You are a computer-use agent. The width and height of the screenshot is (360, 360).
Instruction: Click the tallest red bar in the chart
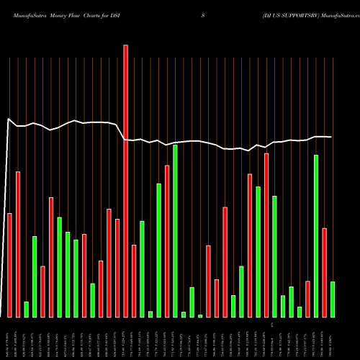point(126,180)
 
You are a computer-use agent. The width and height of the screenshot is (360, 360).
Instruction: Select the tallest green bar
point(175,230)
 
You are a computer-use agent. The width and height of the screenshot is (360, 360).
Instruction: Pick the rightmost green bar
point(333,299)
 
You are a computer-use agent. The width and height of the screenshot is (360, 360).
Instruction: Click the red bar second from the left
point(18,244)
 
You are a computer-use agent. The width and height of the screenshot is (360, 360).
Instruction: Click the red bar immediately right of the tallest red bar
point(134,281)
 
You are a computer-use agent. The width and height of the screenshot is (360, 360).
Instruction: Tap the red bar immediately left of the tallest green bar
point(167,241)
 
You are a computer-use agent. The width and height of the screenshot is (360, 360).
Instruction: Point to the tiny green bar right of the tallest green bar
point(184,314)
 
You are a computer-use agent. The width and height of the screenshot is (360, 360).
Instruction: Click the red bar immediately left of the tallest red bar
point(117,268)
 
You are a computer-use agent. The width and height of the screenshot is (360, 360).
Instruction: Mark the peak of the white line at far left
point(8,119)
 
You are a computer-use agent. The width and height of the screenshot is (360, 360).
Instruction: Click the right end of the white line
point(332,137)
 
